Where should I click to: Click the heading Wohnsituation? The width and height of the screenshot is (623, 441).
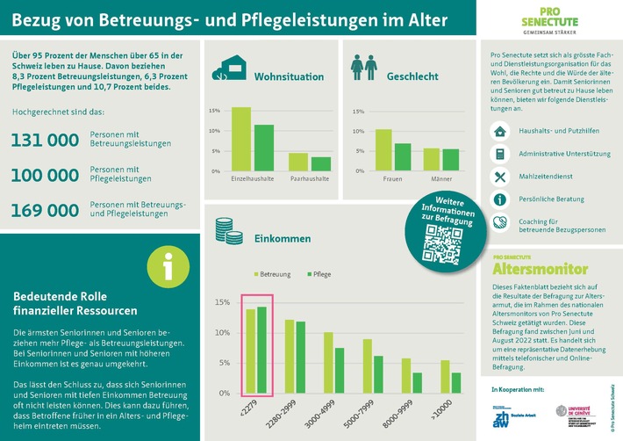289,76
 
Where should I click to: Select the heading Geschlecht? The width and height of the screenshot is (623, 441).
412,76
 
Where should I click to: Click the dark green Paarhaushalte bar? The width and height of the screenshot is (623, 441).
321,163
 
